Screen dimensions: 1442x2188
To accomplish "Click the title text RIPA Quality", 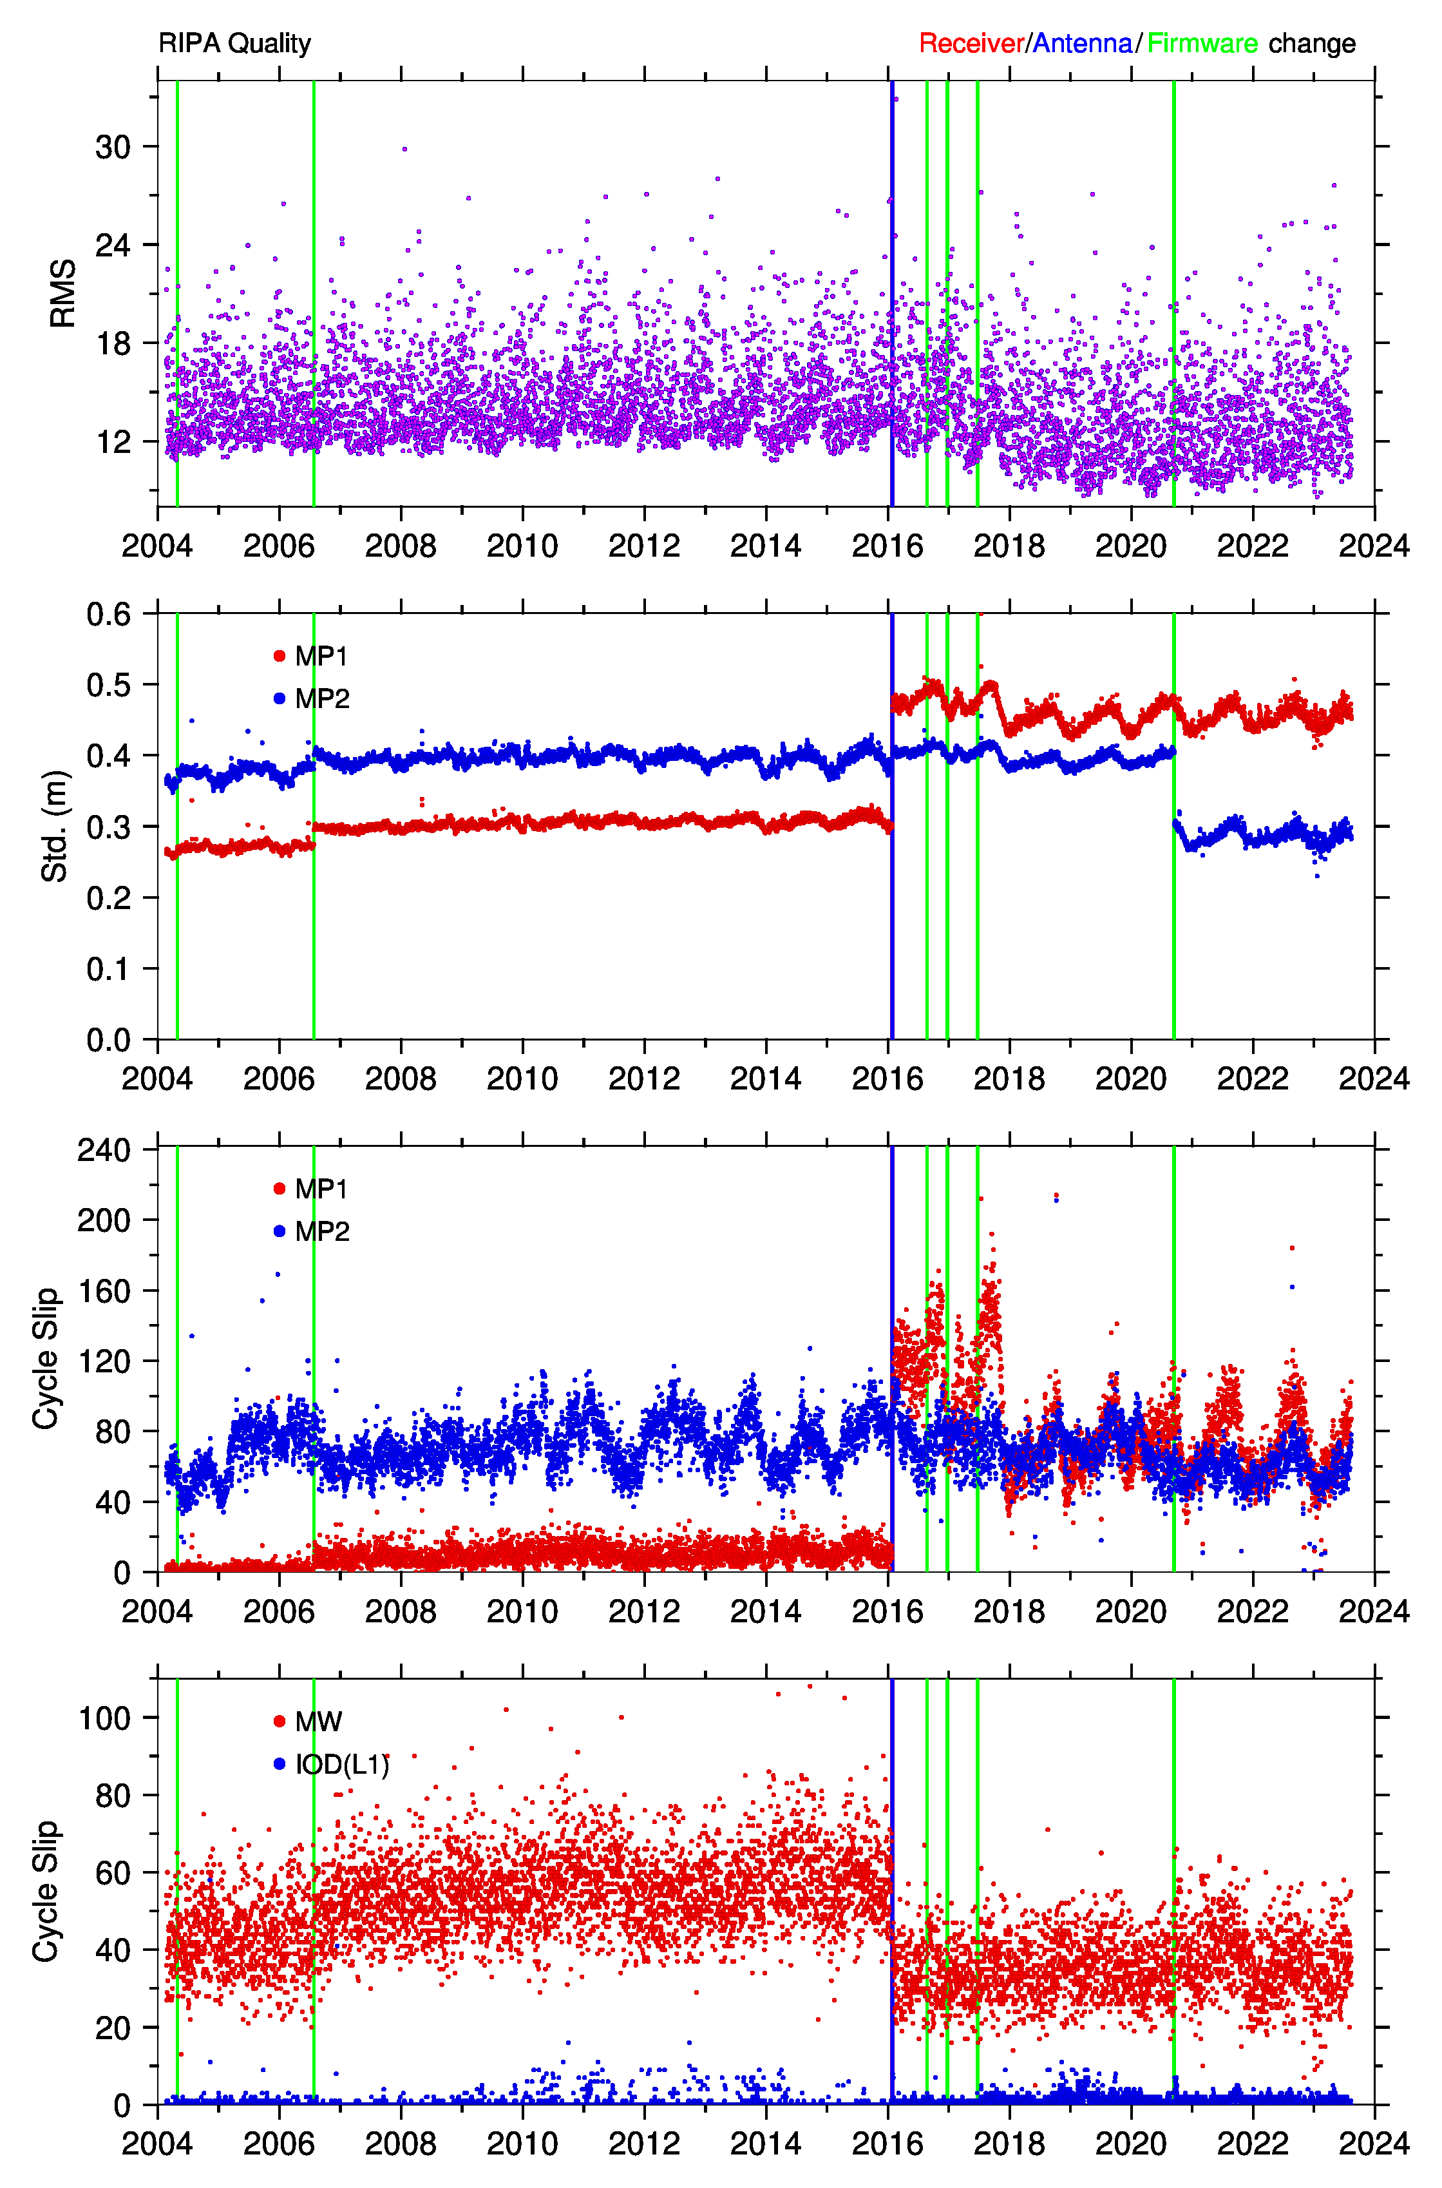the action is click(234, 43).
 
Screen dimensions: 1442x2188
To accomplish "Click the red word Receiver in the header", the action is click(971, 43).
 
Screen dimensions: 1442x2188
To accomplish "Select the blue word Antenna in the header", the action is click(1083, 43).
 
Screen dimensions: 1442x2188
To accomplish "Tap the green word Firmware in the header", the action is click(1202, 43).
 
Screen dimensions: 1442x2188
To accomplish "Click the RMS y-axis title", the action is click(62, 293).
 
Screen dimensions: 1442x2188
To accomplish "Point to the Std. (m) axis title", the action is click(55, 826).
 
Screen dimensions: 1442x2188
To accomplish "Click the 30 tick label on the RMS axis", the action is click(113, 147).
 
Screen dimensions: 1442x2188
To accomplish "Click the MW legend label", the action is click(319, 1722).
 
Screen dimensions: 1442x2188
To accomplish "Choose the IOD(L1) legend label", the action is click(342, 1764).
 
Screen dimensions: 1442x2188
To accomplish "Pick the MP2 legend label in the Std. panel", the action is click(322, 699).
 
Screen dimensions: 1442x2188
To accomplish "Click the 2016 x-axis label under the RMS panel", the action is click(887, 546).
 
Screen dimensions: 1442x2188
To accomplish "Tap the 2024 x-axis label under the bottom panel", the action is click(1374, 2143).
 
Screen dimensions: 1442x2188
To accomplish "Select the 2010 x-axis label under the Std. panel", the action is click(522, 1078).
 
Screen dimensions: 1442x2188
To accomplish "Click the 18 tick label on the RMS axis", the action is click(113, 344).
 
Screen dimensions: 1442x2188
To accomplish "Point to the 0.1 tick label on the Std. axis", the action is click(108, 968).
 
